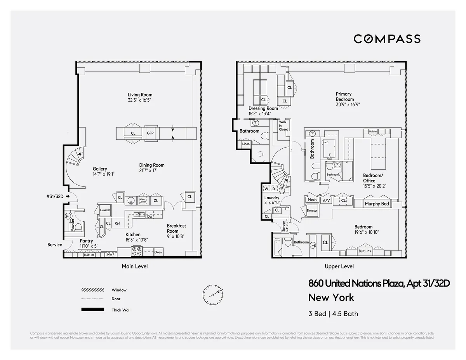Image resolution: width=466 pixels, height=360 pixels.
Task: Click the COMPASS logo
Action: click(x=387, y=39)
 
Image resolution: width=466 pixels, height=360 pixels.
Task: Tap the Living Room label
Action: click(x=140, y=95)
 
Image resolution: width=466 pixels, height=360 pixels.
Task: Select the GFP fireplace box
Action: click(x=150, y=133)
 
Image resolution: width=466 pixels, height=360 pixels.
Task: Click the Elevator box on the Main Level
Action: click(x=105, y=210)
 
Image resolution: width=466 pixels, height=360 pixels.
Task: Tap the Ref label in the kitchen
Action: click(x=117, y=223)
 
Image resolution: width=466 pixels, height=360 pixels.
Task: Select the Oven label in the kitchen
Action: click(x=158, y=252)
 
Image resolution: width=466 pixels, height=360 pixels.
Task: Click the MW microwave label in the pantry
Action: click(x=110, y=255)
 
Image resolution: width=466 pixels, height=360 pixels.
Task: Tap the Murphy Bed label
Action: click(x=377, y=204)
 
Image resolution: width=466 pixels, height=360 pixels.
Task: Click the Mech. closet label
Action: click(x=312, y=200)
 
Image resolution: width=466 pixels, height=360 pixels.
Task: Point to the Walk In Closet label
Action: click(x=283, y=125)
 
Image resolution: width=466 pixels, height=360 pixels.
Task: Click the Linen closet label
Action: click(x=245, y=144)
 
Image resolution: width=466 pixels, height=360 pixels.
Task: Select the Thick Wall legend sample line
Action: click(x=92, y=310)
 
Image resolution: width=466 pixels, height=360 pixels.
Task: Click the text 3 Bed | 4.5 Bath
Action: click(x=333, y=314)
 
